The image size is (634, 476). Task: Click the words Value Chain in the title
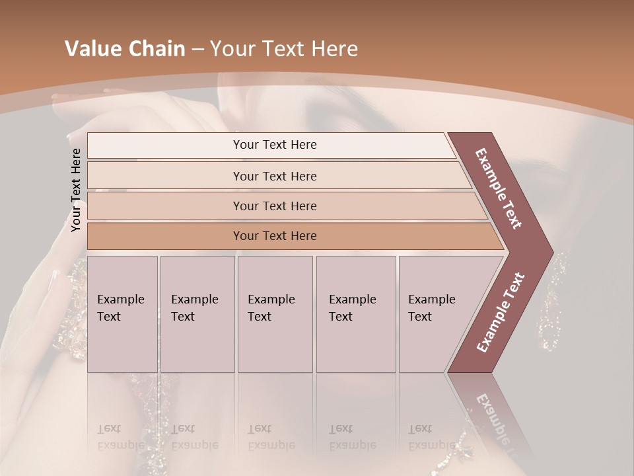(x=125, y=49)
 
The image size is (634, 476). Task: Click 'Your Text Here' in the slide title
(x=284, y=49)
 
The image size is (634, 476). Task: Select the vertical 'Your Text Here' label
(x=76, y=190)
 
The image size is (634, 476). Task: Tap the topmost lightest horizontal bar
(x=275, y=145)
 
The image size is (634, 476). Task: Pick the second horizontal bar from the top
(x=275, y=176)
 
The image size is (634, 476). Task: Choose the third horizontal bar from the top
(x=275, y=206)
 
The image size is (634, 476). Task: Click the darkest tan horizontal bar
(x=275, y=236)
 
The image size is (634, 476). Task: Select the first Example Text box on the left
(x=122, y=314)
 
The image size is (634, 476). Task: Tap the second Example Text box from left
(x=197, y=314)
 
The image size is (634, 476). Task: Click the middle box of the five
(x=275, y=314)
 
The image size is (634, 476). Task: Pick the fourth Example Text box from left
(x=355, y=314)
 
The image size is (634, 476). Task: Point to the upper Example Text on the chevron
(x=499, y=188)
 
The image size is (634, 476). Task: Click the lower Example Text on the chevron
(x=500, y=313)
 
